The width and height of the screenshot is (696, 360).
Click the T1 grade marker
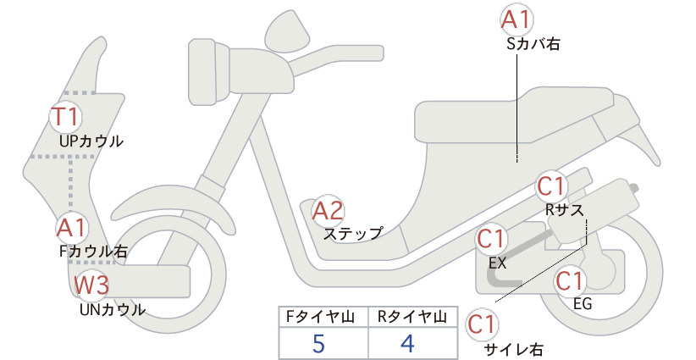65,116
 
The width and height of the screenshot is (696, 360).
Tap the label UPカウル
91,141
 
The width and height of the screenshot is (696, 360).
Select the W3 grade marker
91,285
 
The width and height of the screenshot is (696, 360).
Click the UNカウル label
113,309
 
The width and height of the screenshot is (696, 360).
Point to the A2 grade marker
328,210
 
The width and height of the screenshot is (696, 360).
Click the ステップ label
353,234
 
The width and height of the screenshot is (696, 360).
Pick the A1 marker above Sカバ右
516,20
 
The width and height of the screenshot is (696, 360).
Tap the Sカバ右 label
533,43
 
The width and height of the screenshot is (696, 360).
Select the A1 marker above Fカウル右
71,228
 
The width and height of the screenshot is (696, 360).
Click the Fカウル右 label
93,252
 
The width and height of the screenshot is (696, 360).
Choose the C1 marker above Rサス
550,187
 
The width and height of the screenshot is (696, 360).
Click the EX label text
497,263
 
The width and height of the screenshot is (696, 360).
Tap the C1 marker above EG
570,281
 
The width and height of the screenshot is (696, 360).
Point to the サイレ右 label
513,350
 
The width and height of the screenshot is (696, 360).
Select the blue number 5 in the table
318,344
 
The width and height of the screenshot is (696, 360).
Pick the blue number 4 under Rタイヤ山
407,343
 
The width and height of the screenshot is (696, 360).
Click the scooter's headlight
208,71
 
